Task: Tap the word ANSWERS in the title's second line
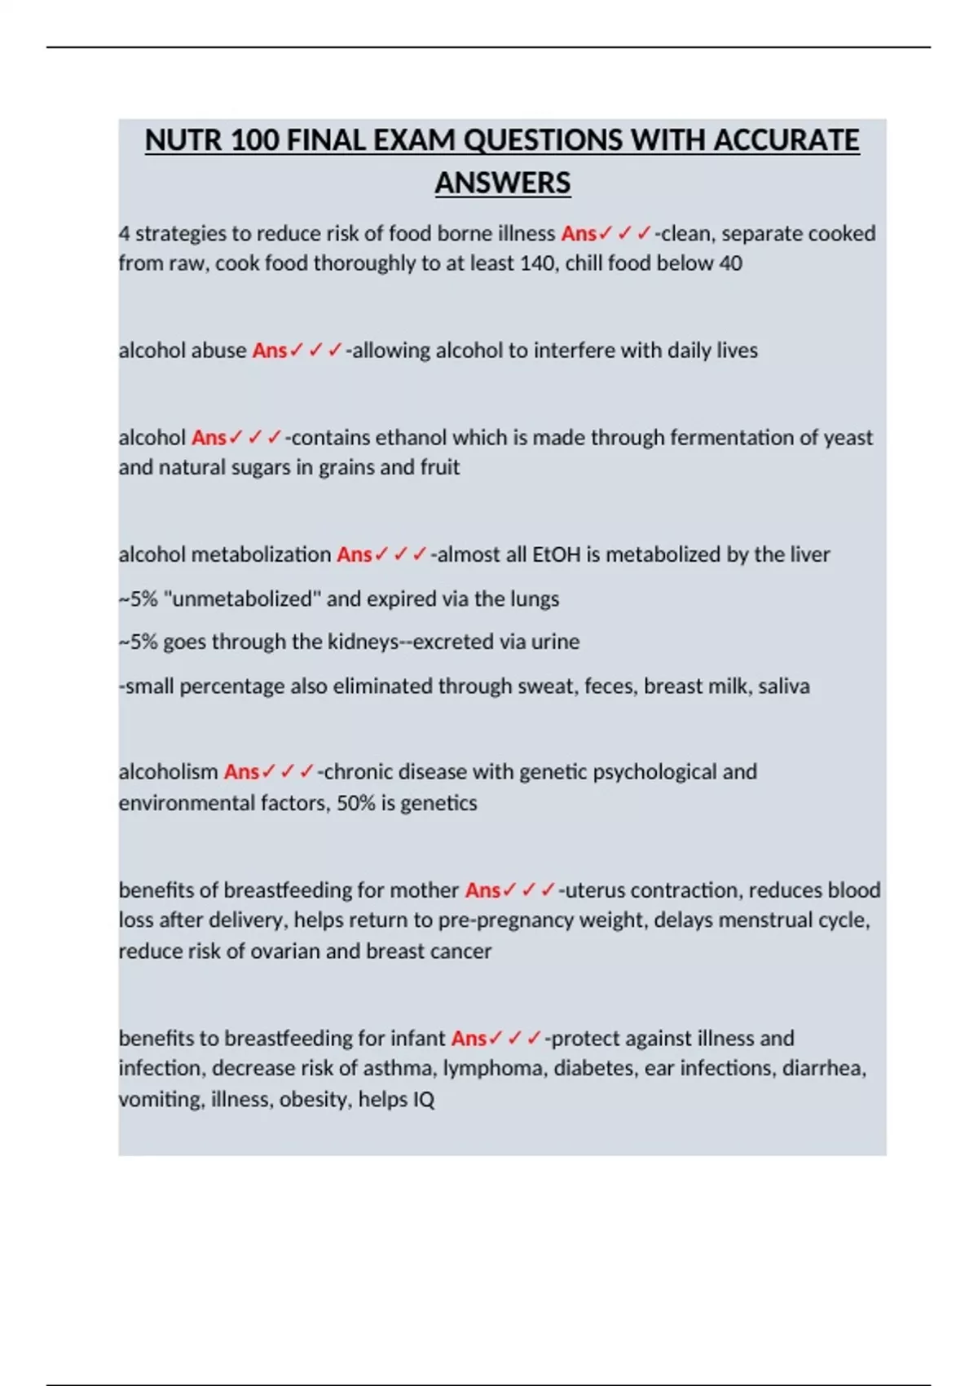(502, 183)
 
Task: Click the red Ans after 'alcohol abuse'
(270, 351)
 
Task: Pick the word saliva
(783, 686)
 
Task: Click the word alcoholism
(168, 771)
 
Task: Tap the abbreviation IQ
(424, 1099)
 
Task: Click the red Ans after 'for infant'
(469, 1038)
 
